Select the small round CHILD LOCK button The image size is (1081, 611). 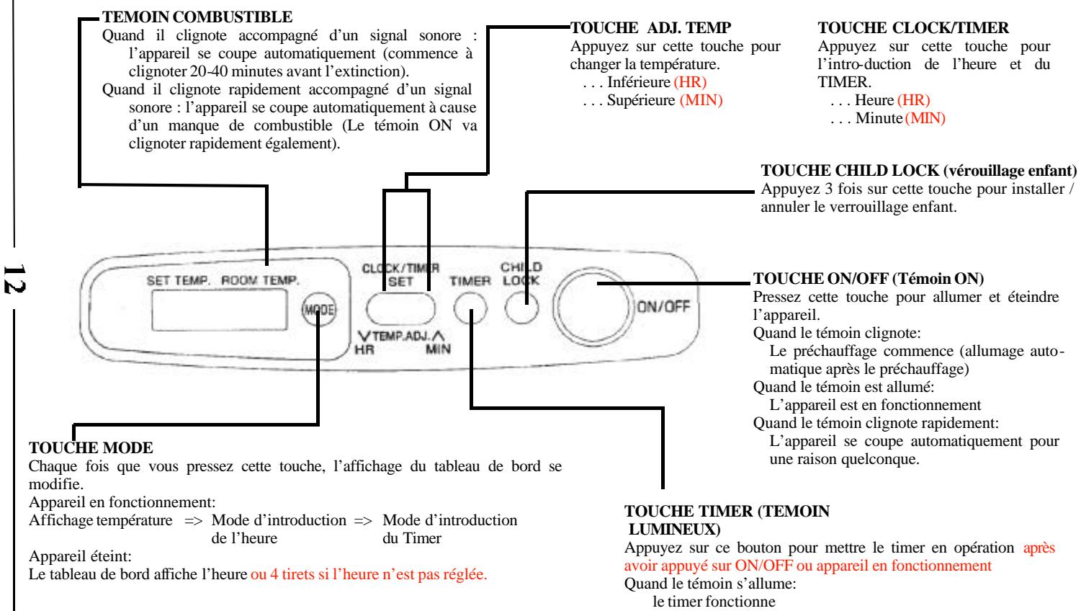[x=523, y=309]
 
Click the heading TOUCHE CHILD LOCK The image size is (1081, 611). [x=919, y=172]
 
